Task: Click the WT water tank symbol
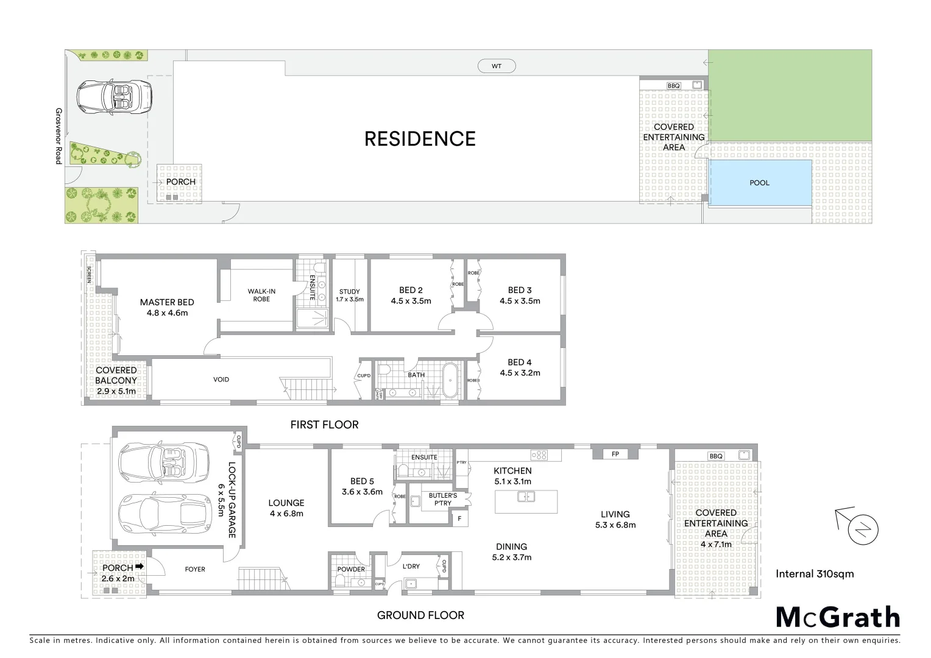496,66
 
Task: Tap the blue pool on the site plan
759,183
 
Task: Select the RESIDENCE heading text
420,139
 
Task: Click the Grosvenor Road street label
58,136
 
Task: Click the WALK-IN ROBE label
262,295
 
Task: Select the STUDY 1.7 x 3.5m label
350,295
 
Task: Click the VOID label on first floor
221,380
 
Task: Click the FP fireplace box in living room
615,454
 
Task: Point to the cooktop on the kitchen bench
539,455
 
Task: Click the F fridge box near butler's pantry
459,518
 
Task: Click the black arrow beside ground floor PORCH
140,567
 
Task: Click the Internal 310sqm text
814,573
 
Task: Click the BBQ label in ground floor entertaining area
716,456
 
